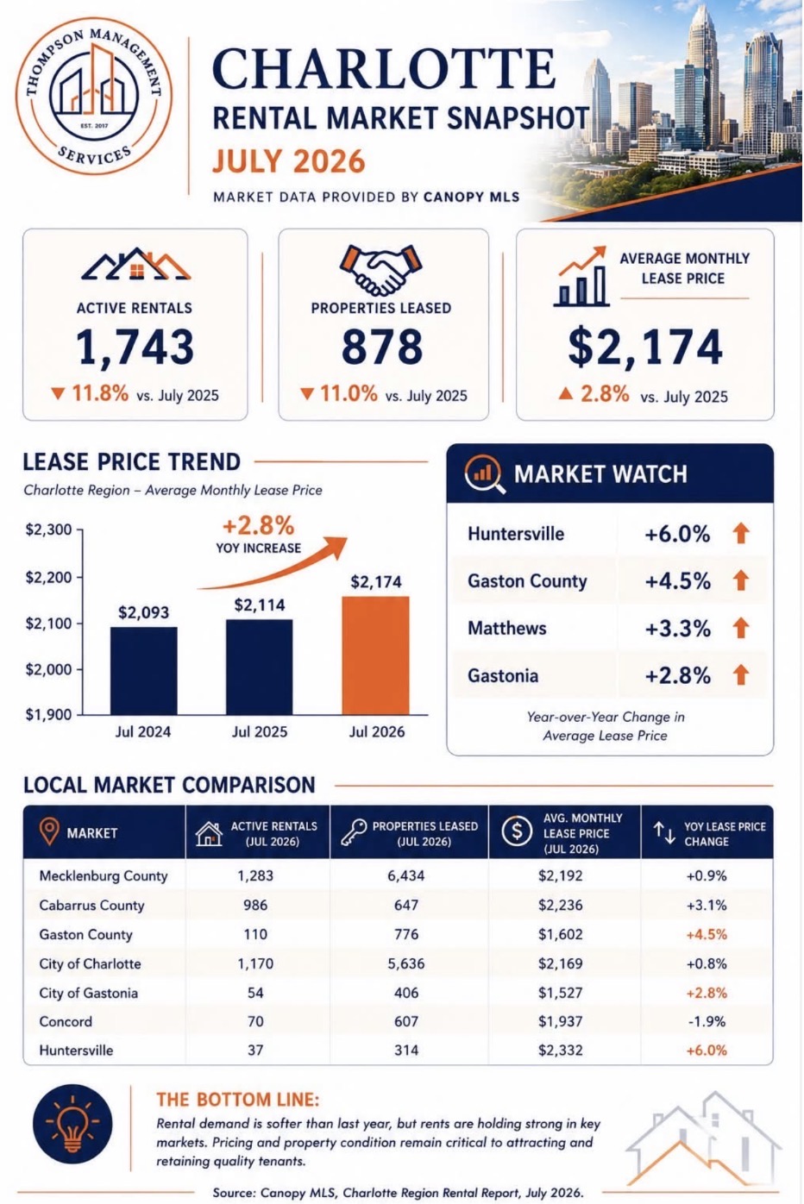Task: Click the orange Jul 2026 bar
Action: (375, 655)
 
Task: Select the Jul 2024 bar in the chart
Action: (143, 671)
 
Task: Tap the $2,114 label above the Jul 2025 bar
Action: (259, 605)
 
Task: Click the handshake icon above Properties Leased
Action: (380, 270)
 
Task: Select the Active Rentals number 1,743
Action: (135, 348)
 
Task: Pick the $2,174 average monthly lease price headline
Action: (645, 348)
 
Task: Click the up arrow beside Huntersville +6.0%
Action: (741, 534)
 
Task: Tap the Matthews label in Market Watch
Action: (506, 629)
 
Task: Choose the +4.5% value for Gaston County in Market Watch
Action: (677, 581)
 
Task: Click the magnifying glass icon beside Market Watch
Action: (485, 474)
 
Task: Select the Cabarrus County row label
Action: (91, 906)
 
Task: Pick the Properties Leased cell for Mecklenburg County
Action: (406, 876)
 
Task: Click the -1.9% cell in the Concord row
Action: (707, 1021)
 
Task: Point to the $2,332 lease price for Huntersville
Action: (561, 1050)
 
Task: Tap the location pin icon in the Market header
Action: (49, 832)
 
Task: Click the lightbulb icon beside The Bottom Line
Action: (72, 1125)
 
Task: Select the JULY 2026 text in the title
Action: (289, 161)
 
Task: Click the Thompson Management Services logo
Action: (94, 96)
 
